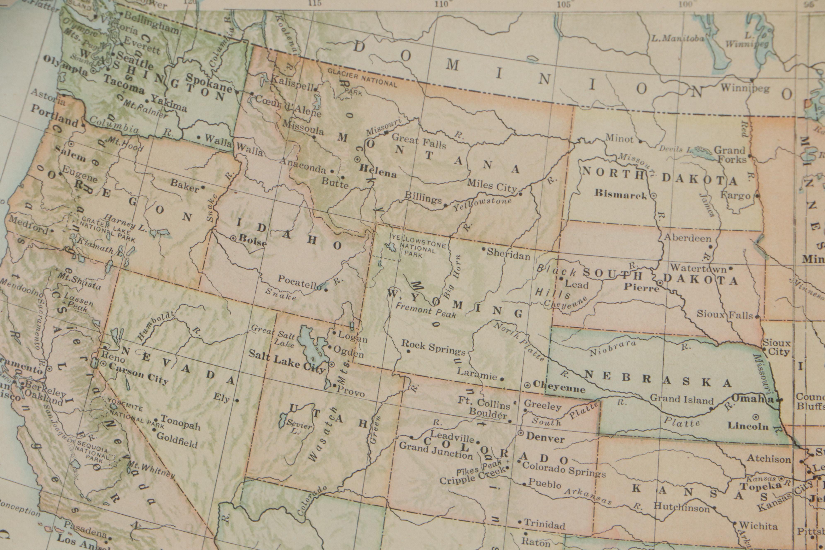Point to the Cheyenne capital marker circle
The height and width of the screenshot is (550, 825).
tap(527, 385)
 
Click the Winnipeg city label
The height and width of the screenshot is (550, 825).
tap(745, 88)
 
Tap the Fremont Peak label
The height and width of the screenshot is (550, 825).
tap(425, 310)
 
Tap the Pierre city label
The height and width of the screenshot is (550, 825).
tap(641, 288)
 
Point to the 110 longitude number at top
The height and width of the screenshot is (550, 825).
tap(441, 4)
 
